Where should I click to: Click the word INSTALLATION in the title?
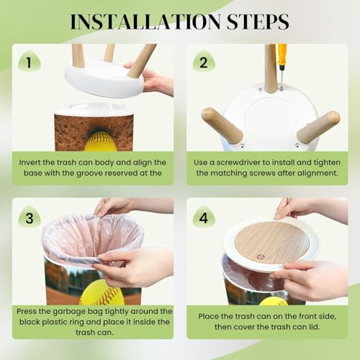[x=145, y=22]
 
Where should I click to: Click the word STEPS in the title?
[x=258, y=22]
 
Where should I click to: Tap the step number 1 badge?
[x=30, y=62]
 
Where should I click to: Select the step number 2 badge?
[x=204, y=62]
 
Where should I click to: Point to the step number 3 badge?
[x=30, y=217]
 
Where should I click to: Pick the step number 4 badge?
[x=204, y=217]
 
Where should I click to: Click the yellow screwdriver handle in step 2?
[x=282, y=56]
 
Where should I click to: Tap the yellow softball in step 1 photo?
[x=100, y=142]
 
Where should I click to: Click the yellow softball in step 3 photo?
[x=102, y=293]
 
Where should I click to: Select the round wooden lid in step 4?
[x=271, y=242]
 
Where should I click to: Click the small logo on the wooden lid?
[x=260, y=257]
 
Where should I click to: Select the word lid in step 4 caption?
[x=314, y=327]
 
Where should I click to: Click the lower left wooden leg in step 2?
[x=222, y=125]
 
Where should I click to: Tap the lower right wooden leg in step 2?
[x=318, y=127]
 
